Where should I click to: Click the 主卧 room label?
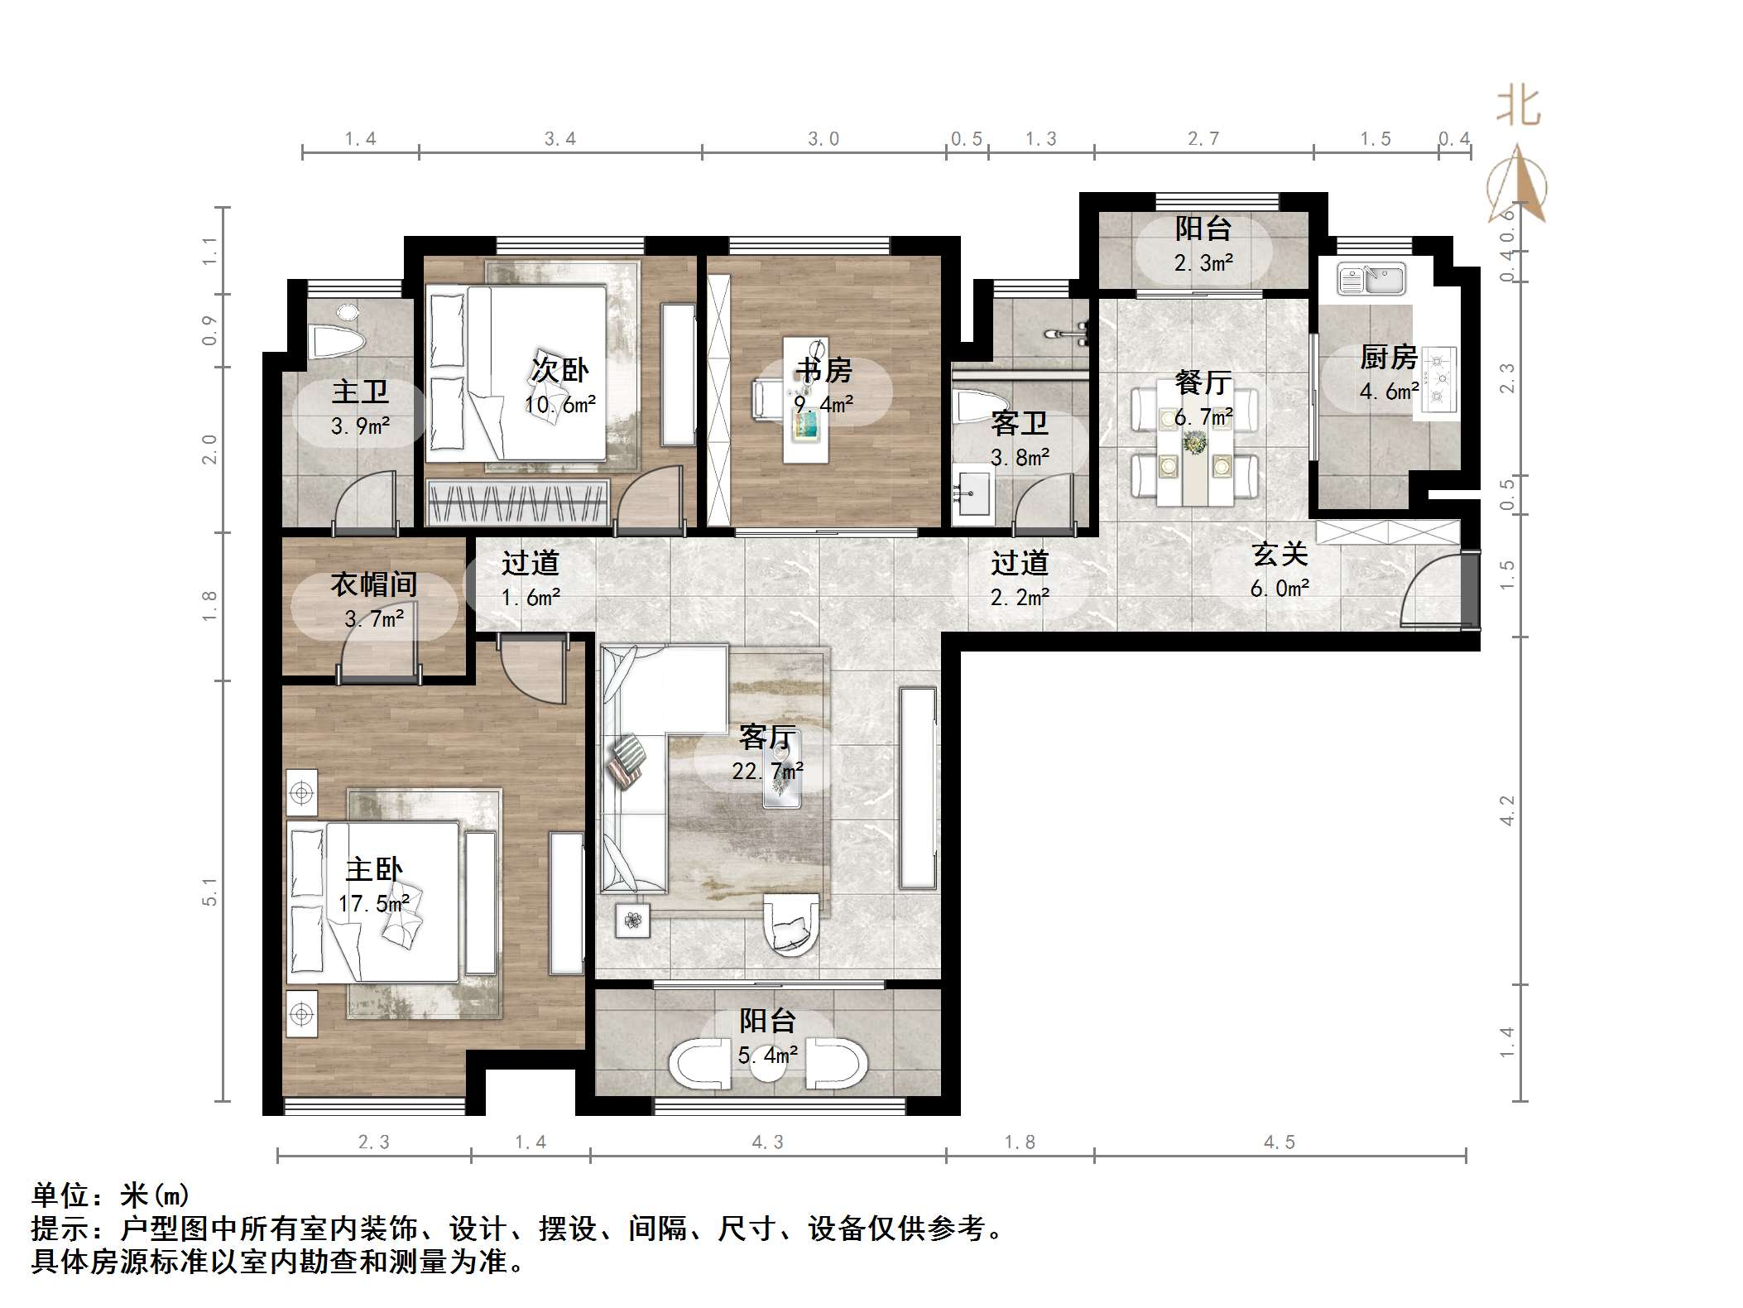tap(373, 870)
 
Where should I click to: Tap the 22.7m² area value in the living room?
tap(767, 772)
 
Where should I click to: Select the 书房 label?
tap(823, 370)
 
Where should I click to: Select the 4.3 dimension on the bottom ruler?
tap(767, 1142)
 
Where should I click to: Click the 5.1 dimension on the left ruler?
tap(209, 892)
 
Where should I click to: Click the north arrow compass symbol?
tap(1518, 186)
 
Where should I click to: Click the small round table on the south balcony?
tap(767, 1068)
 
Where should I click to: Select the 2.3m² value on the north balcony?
tap(1203, 263)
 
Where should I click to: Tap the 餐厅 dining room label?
tap(1203, 382)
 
